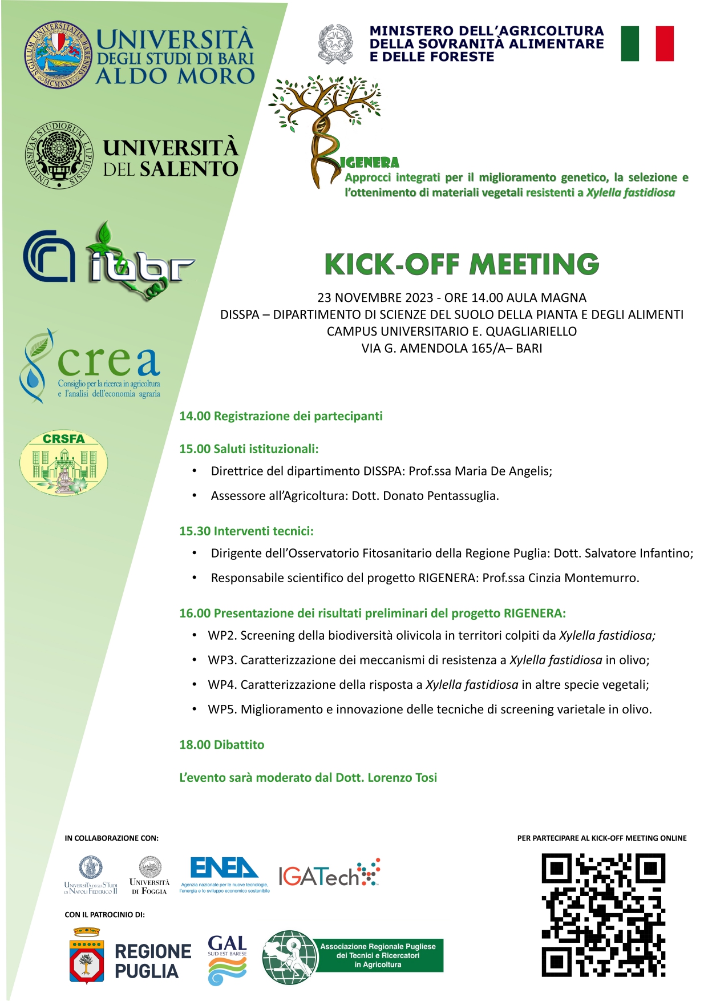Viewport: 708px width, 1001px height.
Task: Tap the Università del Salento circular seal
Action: pos(59,155)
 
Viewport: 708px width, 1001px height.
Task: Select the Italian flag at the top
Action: pos(647,43)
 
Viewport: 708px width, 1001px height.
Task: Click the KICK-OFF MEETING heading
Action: pos(462,264)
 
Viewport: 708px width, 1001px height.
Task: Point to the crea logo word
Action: pos(108,362)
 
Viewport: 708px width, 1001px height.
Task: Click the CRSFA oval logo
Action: pos(63,462)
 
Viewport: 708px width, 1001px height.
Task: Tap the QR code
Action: pos(603,915)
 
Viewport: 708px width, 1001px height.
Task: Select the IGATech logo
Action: pos(329,874)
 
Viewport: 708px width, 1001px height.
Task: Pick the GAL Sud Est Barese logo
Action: pos(227,960)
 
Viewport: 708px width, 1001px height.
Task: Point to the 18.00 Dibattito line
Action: pos(221,745)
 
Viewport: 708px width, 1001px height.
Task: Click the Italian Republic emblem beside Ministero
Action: pos(335,43)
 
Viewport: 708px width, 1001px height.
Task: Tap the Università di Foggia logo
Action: pos(149,874)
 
